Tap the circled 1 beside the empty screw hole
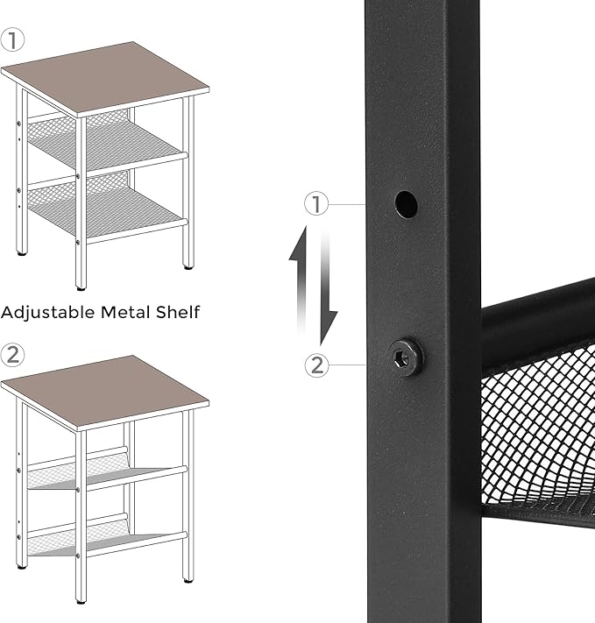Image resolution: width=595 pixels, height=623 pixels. pyautogui.click(x=316, y=204)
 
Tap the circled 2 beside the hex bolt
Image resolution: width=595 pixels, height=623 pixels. pyautogui.click(x=316, y=364)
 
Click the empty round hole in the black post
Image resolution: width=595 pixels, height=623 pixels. pyautogui.click(x=405, y=204)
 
